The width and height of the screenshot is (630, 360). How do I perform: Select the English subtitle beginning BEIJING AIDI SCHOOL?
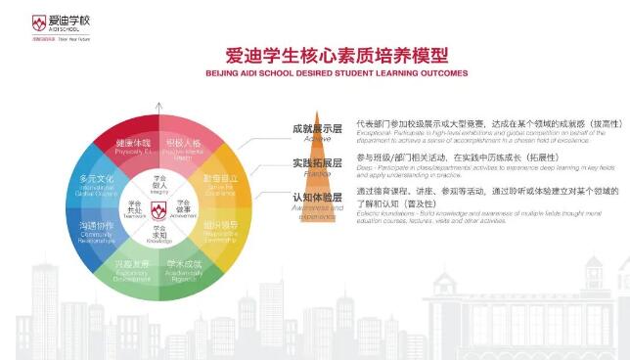(323, 73)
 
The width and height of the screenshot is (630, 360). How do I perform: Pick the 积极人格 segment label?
(183, 145)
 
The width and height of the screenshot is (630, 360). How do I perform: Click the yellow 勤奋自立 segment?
(219, 182)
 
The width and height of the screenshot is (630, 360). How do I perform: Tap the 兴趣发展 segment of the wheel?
(131, 267)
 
